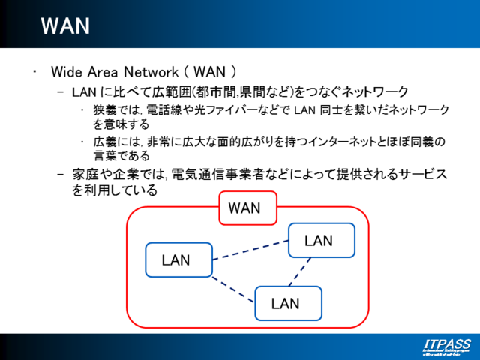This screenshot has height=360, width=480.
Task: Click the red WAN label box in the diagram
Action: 247,208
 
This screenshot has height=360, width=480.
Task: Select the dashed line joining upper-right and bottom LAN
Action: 300,272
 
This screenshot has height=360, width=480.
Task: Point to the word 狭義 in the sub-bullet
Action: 105,110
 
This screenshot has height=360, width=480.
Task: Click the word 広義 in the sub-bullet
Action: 105,142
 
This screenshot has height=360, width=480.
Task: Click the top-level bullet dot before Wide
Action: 34,72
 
